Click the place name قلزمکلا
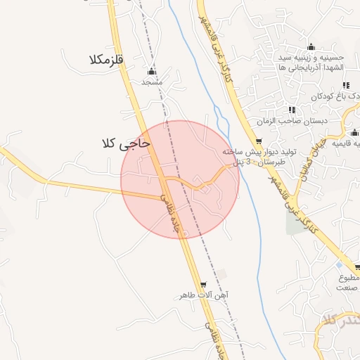pyautogui.click(x=106, y=60)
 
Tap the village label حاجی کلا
pyautogui.click(x=126, y=143)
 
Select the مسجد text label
pyautogui.click(x=152, y=82)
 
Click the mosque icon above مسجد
pyautogui.click(x=152, y=72)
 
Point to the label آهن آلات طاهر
pyautogui.click(x=204, y=295)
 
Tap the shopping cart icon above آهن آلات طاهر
pyautogui.click(x=204, y=285)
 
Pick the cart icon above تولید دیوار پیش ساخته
pyautogui.click(x=259, y=142)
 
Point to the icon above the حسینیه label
pyautogui.click(x=311, y=47)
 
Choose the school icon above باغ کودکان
pyautogui.click(x=345, y=85)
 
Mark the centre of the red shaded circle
pyautogui.click(x=180, y=179)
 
